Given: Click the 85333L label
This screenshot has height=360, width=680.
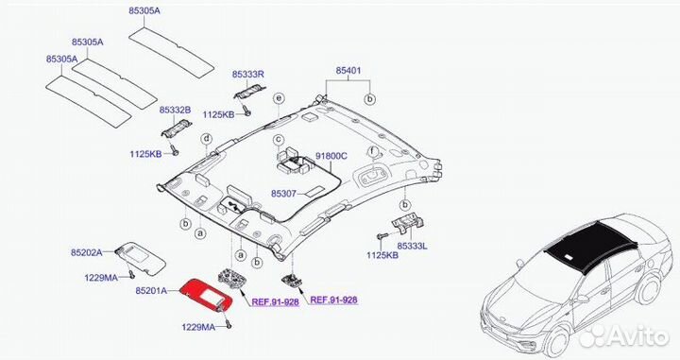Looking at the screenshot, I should tap(413, 245).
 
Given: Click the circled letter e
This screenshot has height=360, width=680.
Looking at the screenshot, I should tap(279, 98).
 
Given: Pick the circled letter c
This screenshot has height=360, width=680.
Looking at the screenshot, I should tap(280, 140).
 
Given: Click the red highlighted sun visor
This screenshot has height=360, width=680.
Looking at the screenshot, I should tap(204, 294).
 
